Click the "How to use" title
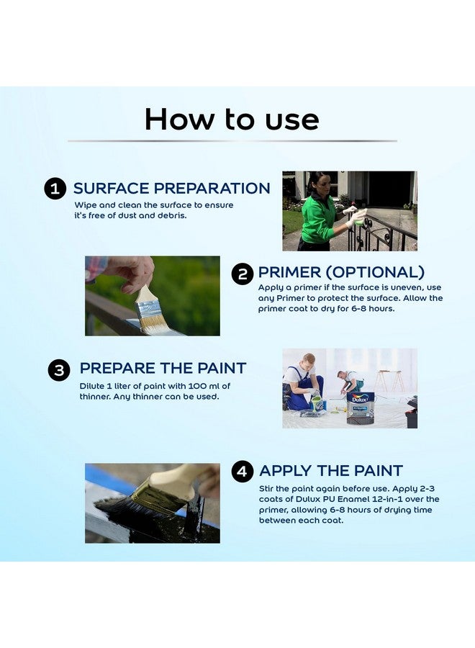pos(232,120)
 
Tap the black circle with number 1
pos(55,189)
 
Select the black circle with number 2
pos(243,274)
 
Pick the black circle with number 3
pos(59,370)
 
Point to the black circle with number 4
pos(243,472)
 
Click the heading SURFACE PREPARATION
pos(171,189)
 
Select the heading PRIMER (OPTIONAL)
pos(341,273)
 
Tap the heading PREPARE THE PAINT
pos(163,369)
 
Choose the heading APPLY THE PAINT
pos(330,472)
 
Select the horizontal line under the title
pos(232,141)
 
